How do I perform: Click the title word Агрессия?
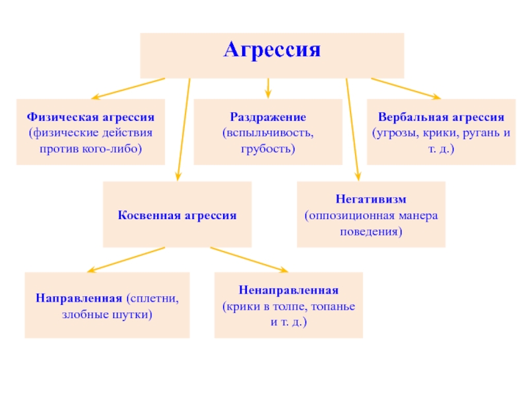272,51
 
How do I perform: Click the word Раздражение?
268,117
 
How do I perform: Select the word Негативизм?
371,199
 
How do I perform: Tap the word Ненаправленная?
288,290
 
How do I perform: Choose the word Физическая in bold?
60,117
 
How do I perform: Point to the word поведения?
371,232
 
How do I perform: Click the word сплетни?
154,298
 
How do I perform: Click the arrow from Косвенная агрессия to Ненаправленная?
249,259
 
